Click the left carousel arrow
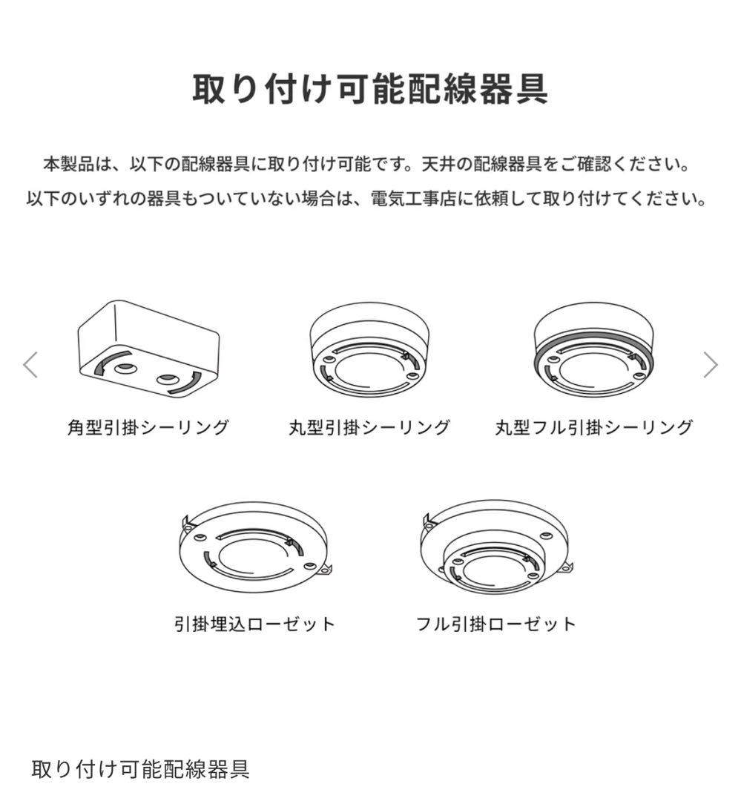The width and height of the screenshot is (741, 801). click(30, 365)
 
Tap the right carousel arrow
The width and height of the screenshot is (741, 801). click(710, 365)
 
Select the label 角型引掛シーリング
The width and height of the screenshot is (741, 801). click(148, 428)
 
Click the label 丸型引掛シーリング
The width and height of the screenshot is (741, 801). click(369, 428)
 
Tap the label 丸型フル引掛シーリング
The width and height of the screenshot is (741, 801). click(593, 428)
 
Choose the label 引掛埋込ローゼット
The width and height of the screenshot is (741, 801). click(254, 624)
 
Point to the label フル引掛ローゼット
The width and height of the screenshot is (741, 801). click(495, 624)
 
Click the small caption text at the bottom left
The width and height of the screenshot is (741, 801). click(140, 768)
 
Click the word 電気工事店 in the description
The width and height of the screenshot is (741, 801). click(414, 200)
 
